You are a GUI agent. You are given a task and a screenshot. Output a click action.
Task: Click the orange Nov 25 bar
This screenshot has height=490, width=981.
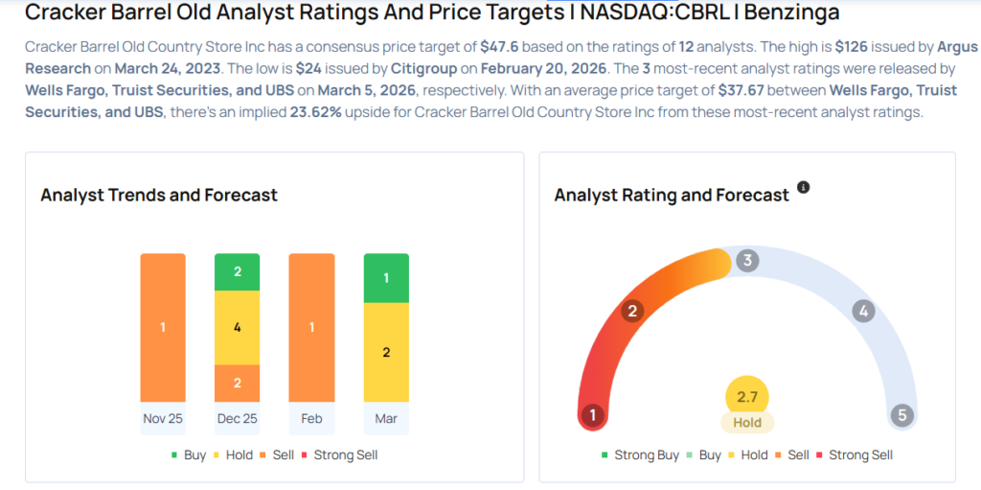click(163, 327)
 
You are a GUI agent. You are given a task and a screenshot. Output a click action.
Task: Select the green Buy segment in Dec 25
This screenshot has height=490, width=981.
click(238, 271)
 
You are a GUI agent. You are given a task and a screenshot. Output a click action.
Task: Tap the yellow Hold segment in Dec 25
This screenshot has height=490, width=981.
click(238, 327)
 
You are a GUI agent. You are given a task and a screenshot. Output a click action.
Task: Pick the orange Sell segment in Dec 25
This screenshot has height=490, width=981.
click(238, 383)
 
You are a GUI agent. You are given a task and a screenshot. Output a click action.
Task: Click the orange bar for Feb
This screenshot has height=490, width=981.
click(311, 327)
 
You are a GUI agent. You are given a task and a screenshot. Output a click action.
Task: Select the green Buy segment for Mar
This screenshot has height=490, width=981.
click(386, 278)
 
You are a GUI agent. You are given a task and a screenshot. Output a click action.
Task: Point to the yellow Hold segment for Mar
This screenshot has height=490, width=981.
click(386, 352)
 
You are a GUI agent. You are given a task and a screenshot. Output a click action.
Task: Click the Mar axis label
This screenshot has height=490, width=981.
click(386, 419)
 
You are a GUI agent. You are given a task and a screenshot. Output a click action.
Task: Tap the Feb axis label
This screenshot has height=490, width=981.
click(311, 419)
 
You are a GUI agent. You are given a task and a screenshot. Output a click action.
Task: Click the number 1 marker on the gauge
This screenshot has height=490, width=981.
click(593, 415)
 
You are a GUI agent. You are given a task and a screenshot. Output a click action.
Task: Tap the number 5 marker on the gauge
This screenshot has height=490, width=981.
click(901, 415)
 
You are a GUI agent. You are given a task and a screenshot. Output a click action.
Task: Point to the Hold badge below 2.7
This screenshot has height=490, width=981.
click(747, 423)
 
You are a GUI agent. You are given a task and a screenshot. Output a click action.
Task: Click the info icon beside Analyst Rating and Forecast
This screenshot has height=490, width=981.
click(804, 187)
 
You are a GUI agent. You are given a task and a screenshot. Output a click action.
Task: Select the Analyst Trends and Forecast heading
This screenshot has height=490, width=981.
click(159, 195)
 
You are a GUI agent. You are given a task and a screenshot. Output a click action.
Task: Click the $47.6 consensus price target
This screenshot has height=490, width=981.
click(498, 46)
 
